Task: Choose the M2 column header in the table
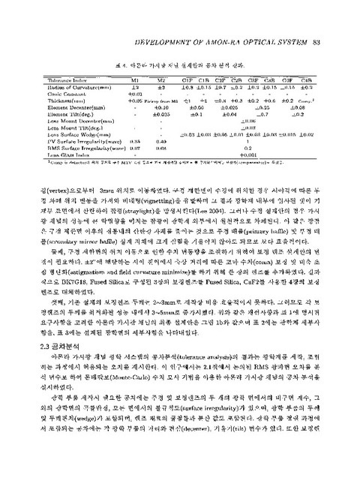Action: (x=159, y=78)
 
